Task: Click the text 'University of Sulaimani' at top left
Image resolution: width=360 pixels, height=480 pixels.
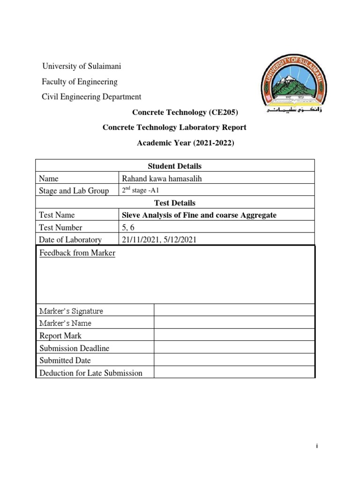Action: (x=82, y=66)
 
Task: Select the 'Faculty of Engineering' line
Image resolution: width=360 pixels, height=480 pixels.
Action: (x=80, y=82)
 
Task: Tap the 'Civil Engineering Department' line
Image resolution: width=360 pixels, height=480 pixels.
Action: (x=91, y=97)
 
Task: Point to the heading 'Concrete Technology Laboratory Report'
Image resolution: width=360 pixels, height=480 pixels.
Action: (x=174, y=127)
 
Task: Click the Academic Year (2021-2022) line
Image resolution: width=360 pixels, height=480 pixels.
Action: (x=185, y=143)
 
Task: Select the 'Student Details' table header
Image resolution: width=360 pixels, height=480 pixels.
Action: (x=174, y=165)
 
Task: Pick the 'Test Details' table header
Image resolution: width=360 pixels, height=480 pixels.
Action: (x=174, y=202)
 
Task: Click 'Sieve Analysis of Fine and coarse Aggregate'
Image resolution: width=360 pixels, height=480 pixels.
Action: (x=199, y=215)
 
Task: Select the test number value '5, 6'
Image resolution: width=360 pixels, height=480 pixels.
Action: (x=128, y=227)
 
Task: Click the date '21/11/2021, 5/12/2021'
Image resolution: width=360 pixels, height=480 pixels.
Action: (x=158, y=240)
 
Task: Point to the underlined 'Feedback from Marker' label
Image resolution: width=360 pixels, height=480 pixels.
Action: (x=77, y=253)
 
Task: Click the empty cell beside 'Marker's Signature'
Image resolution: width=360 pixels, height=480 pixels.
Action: (x=234, y=310)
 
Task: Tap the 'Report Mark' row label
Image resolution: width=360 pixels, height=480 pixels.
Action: (x=60, y=336)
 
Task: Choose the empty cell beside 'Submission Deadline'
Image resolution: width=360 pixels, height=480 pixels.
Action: (x=234, y=348)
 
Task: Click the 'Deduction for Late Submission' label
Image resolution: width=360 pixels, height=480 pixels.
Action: (x=91, y=373)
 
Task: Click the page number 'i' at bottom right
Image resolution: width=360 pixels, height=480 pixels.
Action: (x=317, y=447)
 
